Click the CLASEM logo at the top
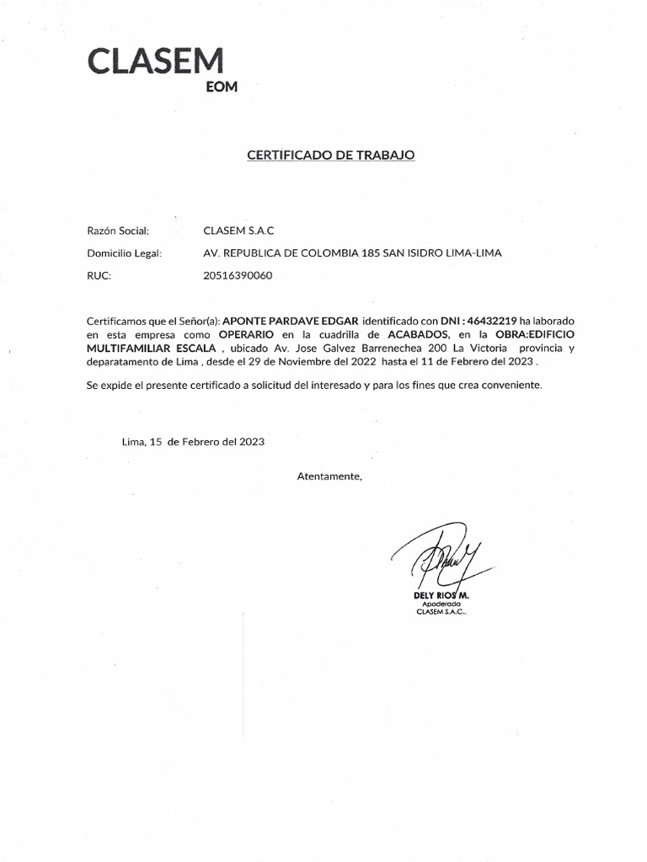(x=156, y=61)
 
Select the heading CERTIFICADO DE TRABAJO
(x=330, y=155)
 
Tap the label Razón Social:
(x=118, y=231)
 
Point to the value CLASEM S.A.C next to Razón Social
(x=239, y=231)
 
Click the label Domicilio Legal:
(x=124, y=253)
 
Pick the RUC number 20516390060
(x=238, y=275)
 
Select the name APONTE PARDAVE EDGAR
(x=290, y=321)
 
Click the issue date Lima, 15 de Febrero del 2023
(x=193, y=441)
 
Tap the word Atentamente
(x=329, y=476)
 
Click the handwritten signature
(x=440, y=559)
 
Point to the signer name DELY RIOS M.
(x=441, y=595)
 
